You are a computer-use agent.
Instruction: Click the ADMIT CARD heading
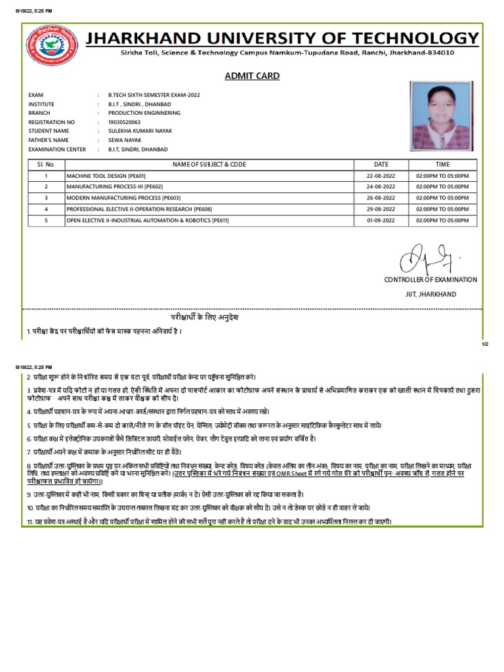pos(252,76)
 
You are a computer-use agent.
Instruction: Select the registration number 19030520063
pos(124,122)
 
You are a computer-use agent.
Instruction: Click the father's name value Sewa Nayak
pos(125,140)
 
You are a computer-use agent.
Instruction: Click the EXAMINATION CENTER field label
pos(57,150)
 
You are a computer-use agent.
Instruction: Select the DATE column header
pos(381,164)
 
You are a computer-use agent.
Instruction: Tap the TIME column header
pos(442,164)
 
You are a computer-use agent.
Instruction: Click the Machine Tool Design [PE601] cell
pos(106,177)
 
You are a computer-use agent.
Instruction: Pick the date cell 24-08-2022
pos(381,187)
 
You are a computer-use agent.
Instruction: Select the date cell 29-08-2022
pos(381,209)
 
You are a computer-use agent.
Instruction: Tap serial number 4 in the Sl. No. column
pos(46,209)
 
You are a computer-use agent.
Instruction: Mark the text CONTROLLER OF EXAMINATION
pos(430,280)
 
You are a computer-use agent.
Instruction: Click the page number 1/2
pos(486,343)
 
